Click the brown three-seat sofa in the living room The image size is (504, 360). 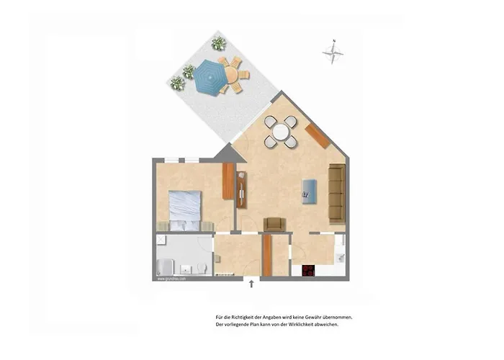click(336, 192)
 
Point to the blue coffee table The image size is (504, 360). click(310, 189)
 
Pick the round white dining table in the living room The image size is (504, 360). click(279, 131)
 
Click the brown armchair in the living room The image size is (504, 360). click(274, 225)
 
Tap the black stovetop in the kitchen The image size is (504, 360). click(309, 271)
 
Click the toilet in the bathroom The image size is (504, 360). click(202, 269)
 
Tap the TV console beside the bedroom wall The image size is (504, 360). click(241, 191)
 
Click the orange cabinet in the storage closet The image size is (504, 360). click(266, 256)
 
